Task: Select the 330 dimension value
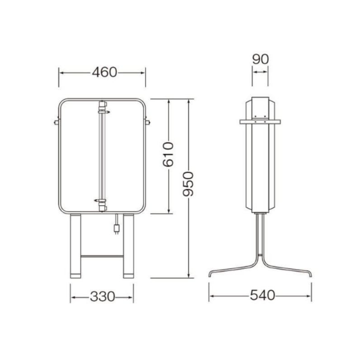tap(102, 297)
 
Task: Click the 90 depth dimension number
tap(260, 59)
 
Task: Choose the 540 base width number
tap(262, 295)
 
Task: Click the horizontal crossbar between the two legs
tap(102, 256)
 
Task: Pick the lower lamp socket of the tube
tap(102, 204)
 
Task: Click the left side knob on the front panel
tap(56, 122)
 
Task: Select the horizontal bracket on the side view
tap(260, 121)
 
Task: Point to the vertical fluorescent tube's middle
tap(102, 156)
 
